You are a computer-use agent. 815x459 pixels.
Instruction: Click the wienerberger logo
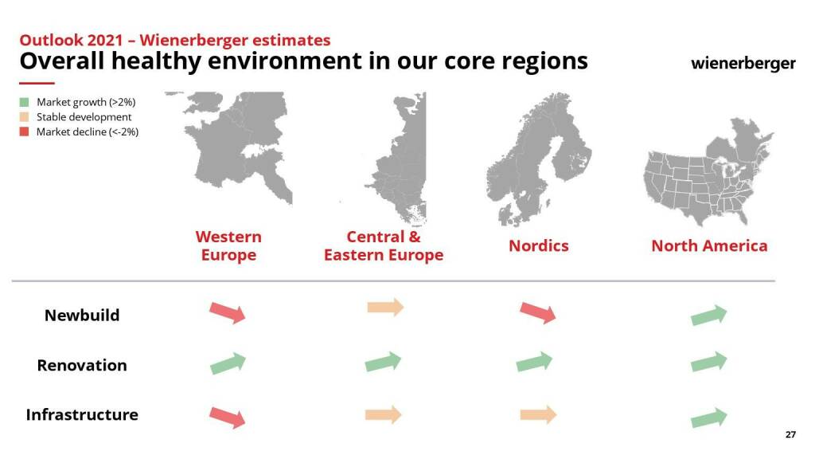[x=743, y=64]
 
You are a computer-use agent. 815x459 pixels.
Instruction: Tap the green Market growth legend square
[x=24, y=102]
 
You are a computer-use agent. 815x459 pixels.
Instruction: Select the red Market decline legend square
[x=24, y=131]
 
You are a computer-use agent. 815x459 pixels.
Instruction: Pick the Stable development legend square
[x=24, y=117]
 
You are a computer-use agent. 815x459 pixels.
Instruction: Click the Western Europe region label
[x=228, y=245]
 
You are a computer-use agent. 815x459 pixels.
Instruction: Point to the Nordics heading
[x=539, y=245]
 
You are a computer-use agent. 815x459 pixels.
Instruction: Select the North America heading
[x=709, y=245]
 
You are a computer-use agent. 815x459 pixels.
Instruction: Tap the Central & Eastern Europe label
[x=384, y=245]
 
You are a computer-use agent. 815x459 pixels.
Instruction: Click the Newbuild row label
[x=82, y=316]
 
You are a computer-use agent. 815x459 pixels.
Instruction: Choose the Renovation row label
[x=82, y=365]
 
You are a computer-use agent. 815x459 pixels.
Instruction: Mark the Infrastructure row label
[x=82, y=414]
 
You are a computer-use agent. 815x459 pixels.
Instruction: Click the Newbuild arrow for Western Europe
[x=227, y=312]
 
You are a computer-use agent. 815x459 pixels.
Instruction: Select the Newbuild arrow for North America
[x=709, y=316]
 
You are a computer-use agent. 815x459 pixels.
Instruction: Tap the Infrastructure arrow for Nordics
[x=539, y=414]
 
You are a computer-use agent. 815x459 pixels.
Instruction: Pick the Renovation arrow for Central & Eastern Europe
[x=383, y=362]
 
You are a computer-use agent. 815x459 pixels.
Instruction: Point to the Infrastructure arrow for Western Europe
[x=227, y=418]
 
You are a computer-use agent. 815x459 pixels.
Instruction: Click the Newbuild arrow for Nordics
[x=538, y=312]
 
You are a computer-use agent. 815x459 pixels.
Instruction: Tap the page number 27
[x=790, y=434]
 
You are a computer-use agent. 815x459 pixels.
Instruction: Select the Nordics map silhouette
[x=539, y=159]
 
